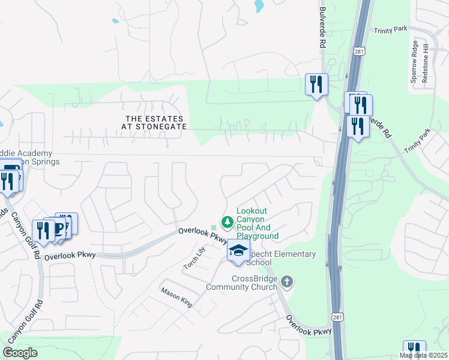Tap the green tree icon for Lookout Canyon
pos(227,223)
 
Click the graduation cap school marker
pos(238,251)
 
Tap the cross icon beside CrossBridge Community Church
pos(287,281)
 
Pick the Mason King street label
pos(176,297)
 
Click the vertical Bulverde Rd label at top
pos(322,28)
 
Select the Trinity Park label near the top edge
pos(390,30)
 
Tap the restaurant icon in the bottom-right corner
pos(414,350)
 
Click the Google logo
pos(20,353)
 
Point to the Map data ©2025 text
pos(424,355)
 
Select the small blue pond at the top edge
pos(259,6)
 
